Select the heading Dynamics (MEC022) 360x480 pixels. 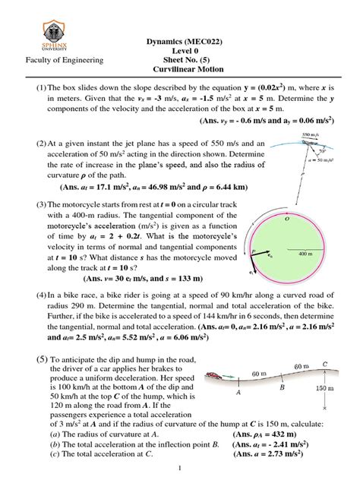pos(180,36)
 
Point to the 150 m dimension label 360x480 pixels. pos(341,411)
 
